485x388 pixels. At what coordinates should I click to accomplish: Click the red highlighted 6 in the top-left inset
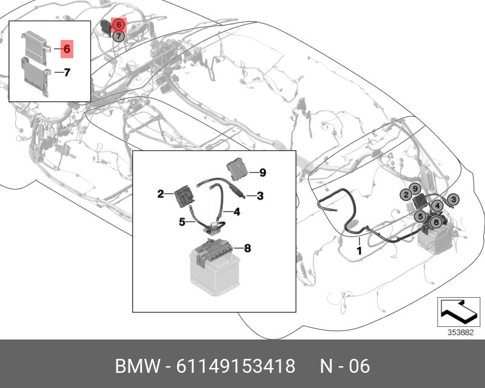click(67, 49)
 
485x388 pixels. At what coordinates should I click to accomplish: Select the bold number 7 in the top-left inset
click(67, 72)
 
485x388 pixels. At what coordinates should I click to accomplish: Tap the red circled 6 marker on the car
click(118, 24)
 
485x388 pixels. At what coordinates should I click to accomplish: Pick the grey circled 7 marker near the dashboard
click(118, 36)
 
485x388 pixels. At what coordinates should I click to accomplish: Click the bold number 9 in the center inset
click(263, 172)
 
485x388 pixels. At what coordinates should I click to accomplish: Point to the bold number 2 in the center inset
click(161, 194)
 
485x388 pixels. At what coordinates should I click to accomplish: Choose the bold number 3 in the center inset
click(260, 196)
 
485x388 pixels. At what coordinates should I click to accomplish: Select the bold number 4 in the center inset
click(236, 212)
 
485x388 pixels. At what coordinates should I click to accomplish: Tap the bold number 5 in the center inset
click(182, 221)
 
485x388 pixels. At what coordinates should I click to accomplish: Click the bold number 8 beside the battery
click(247, 248)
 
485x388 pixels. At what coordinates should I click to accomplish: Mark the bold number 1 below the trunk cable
click(359, 250)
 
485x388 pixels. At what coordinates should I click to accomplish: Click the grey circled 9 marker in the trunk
click(415, 189)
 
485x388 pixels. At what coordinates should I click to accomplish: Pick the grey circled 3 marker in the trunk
click(453, 199)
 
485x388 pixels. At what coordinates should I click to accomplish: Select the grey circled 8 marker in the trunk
click(436, 222)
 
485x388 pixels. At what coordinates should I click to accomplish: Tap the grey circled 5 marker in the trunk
click(420, 216)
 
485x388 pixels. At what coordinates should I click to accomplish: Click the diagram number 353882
click(461, 333)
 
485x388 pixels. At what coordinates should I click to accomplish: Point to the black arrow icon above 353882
click(458, 311)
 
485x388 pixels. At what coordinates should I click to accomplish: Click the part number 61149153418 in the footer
click(236, 366)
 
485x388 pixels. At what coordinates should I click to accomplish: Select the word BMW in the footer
click(138, 366)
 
